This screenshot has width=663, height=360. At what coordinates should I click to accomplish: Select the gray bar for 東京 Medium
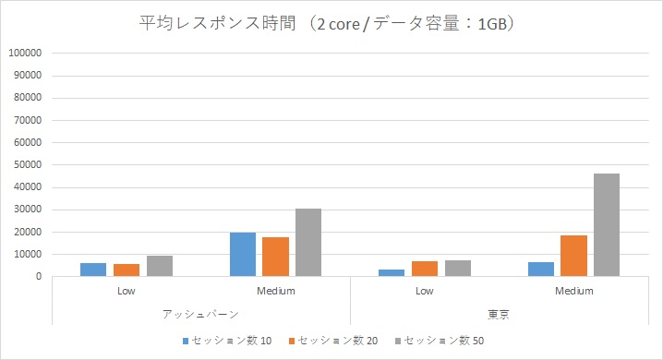pyautogui.click(x=607, y=225)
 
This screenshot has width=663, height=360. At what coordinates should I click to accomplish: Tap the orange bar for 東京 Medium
pyautogui.click(x=573, y=256)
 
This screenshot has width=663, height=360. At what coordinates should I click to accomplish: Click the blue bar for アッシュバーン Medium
pyautogui.click(x=242, y=254)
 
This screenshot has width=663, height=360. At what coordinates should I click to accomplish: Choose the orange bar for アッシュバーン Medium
pyautogui.click(x=275, y=257)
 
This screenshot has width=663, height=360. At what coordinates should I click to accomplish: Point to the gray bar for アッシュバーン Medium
pyautogui.click(x=308, y=242)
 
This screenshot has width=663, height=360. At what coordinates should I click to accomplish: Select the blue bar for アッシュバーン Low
pyautogui.click(x=93, y=270)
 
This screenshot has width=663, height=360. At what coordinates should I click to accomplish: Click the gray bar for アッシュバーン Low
pyautogui.click(x=160, y=266)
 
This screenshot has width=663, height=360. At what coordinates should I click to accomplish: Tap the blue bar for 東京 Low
pyautogui.click(x=392, y=272)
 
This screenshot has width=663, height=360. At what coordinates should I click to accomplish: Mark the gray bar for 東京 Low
pyautogui.click(x=458, y=268)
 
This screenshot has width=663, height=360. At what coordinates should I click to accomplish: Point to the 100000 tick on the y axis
pyautogui.click(x=24, y=54)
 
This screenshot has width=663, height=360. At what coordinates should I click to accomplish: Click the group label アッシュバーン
pyautogui.click(x=200, y=314)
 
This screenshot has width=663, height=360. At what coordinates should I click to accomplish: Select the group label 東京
pyautogui.click(x=500, y=314)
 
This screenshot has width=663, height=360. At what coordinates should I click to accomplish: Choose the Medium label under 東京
pyautogui.click(x=573, y=292)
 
